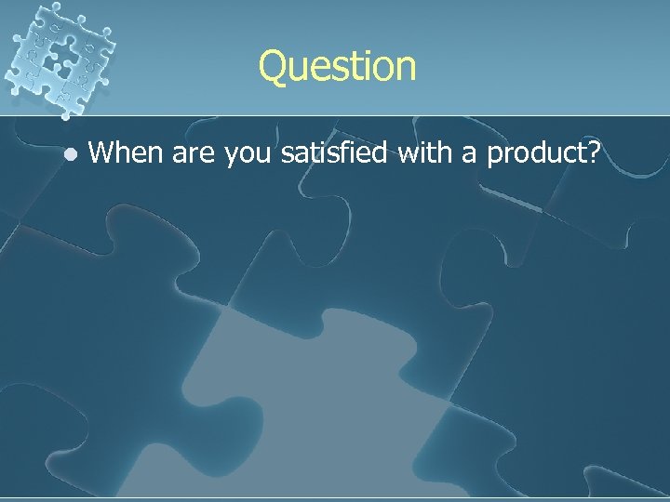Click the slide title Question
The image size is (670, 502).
(337, 67)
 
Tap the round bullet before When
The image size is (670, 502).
(67, 152)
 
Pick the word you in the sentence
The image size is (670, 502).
(251, 154)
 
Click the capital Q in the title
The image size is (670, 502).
(275, 67)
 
